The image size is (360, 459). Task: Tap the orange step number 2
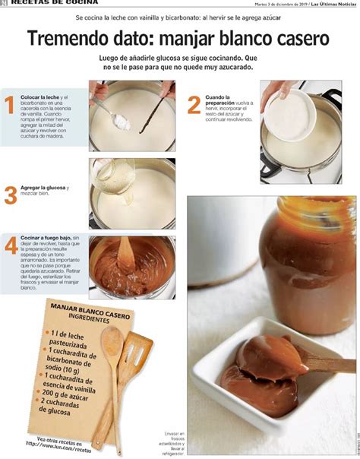click(194, 104)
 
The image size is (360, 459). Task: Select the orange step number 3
click(10, 195)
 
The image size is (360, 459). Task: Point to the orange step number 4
click(10, 245)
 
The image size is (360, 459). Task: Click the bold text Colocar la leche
click(39, 97)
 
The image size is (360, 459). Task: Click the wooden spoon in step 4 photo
click(126, 251)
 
